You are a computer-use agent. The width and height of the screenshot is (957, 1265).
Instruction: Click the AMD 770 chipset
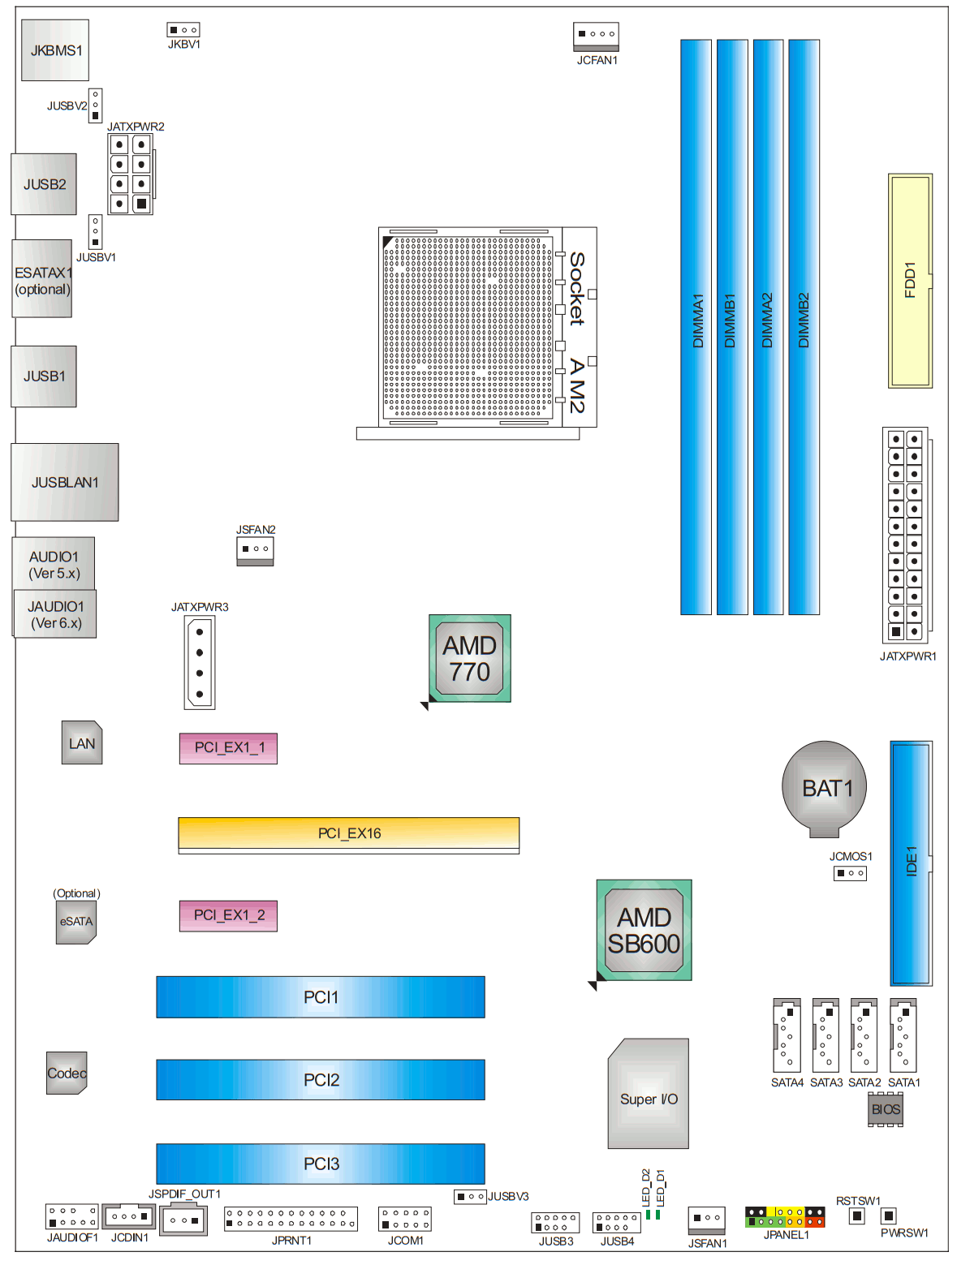coord(470,658)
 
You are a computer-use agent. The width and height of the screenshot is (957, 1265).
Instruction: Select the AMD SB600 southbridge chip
coord(644,930)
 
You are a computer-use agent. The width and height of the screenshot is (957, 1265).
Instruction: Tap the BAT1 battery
coord(824,786)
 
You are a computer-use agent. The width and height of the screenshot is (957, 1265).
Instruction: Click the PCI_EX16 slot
coord(349,833)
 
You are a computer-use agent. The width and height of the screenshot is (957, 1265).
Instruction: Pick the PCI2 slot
coord(321,1080)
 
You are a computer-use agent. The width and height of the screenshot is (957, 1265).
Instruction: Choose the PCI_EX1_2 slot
coord(228,915)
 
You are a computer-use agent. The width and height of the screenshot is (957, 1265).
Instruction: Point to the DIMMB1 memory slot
coord(731,326)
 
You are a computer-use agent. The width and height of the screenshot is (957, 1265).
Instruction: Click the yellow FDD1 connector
coord(910,280)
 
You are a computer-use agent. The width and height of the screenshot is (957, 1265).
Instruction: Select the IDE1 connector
coord(911,863)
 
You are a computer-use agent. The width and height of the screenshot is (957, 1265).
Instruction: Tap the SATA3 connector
coord(826,1036)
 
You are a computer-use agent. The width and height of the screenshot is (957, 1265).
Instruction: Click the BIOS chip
coord(886,1109)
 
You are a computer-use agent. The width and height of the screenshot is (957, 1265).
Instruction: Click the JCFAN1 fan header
coord(597,34)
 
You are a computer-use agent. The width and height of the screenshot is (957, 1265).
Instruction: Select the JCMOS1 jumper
coord(850,873)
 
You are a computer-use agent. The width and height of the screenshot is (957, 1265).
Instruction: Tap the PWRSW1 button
coord(889,1216)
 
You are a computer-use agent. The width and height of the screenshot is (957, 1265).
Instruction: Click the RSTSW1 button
coord(856,1216)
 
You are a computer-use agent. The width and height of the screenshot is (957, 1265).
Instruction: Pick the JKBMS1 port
coord(55,50)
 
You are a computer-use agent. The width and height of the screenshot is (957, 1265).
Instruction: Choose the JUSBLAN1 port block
coord(65,482)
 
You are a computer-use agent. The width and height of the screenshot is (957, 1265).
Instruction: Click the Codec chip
coord(67,1073)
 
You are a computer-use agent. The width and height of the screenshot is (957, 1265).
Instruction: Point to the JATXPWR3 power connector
coord(200,662)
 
